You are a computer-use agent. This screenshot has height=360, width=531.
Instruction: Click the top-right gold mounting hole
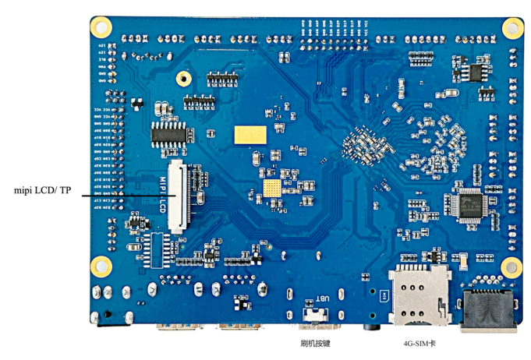512,27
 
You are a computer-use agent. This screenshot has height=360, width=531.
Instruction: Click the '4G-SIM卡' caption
420,342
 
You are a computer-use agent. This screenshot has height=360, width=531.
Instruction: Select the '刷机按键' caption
315,342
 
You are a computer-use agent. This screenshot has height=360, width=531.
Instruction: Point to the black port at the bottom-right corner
489,309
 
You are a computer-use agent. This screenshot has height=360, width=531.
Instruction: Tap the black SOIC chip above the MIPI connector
168,132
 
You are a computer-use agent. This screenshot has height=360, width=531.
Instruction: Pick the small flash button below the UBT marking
315,315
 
